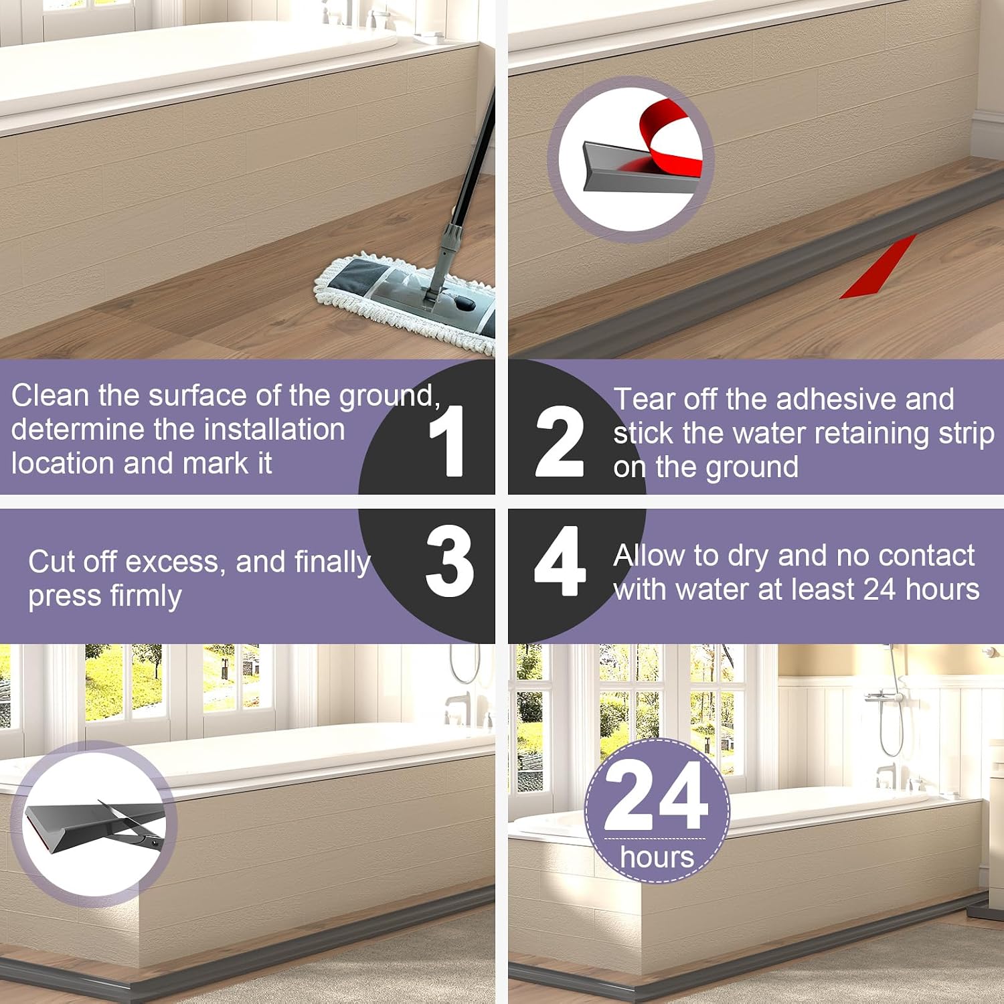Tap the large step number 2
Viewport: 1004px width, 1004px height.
[x=560, y=441]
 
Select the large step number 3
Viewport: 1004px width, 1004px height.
[x=450, y=561]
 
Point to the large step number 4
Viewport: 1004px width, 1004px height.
[x=560, y=561]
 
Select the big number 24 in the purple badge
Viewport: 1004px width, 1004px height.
[x=656, y=797]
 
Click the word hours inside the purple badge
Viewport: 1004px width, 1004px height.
[x=657, y=857]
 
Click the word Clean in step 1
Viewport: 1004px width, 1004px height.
[x=50, y=396]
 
